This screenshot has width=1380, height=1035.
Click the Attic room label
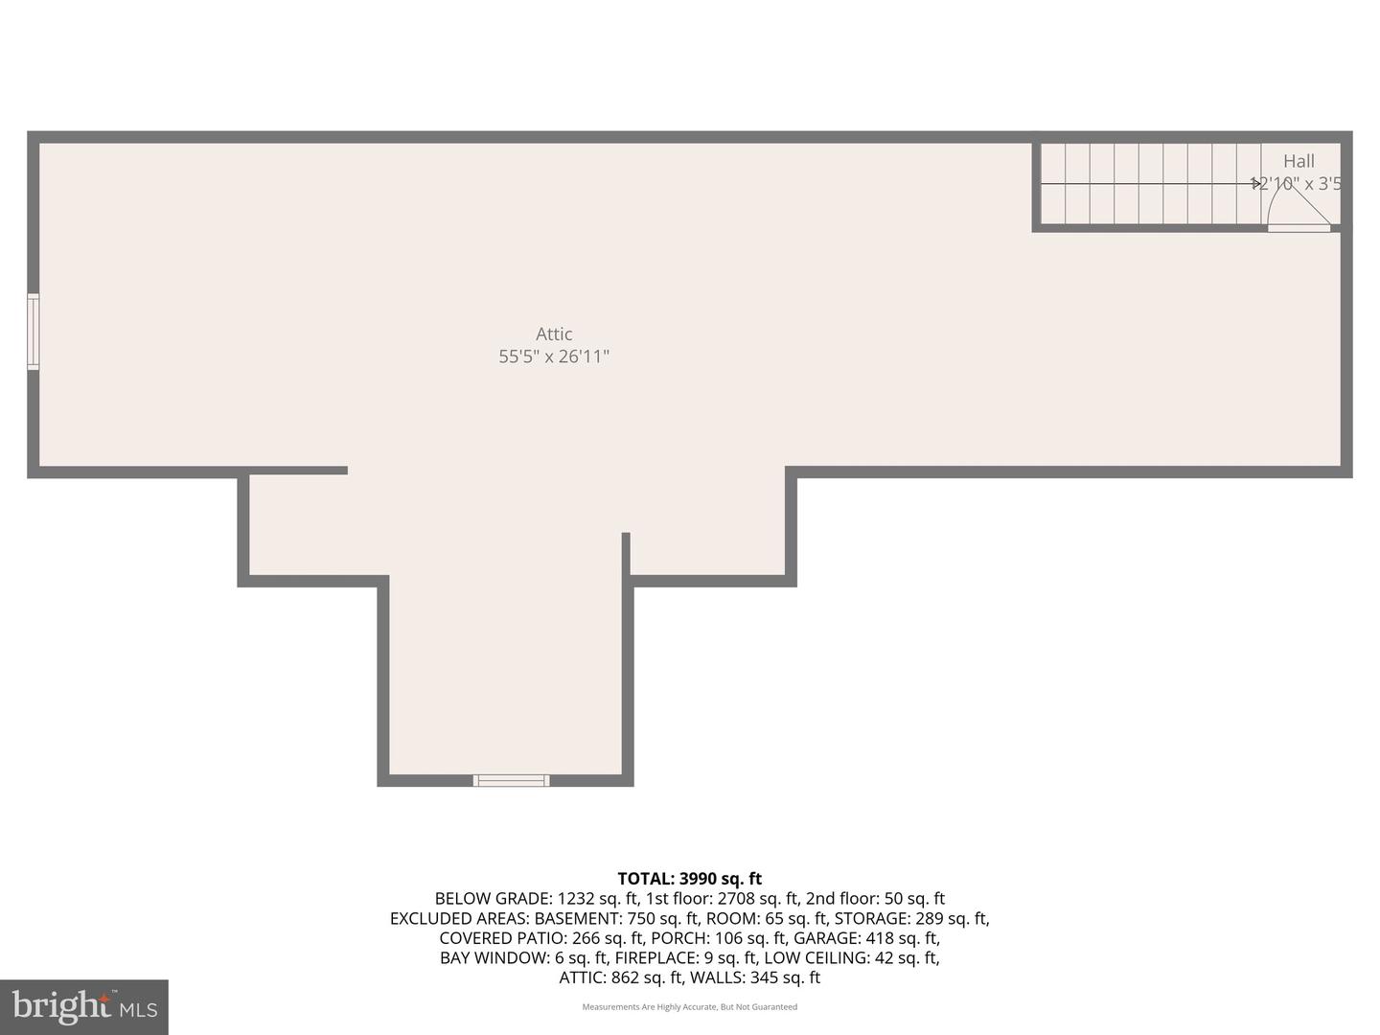[554, 333]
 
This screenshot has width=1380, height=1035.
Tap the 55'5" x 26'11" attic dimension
[554, 356]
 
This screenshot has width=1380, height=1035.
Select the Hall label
[1299, 161]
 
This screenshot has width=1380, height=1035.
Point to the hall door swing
[1294, 205]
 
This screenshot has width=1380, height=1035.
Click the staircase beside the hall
[1150, 183]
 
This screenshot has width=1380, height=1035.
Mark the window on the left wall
[34, 332]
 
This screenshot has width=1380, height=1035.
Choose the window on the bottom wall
[512, 780]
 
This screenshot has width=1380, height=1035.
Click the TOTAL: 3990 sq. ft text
[689, 878]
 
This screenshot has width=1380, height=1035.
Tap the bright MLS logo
[83, 1006]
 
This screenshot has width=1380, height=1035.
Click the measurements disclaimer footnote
[689, 1007]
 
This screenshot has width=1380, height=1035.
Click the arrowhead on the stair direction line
[1256, 183]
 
